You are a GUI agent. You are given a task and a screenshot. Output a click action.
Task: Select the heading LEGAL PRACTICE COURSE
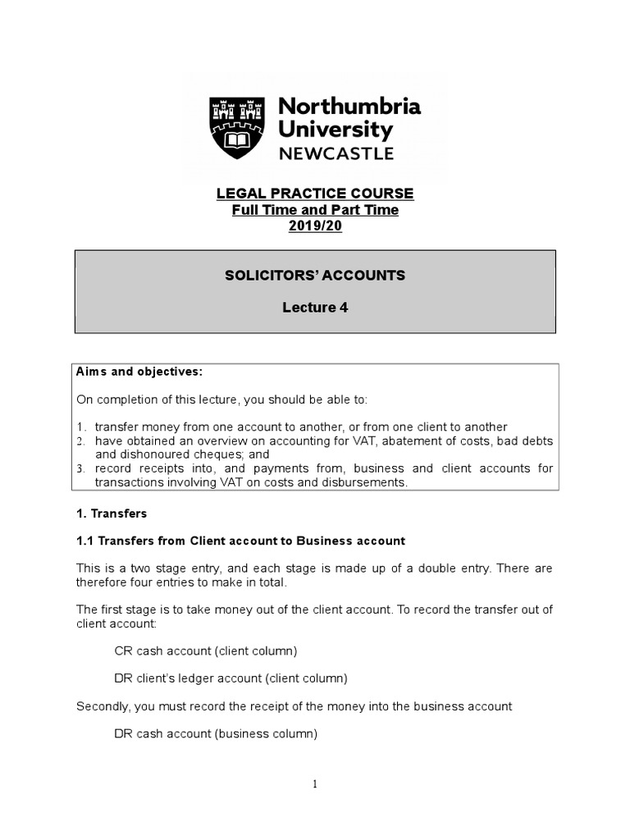[x=315, y=194]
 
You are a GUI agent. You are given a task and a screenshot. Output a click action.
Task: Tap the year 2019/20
[x=315, y=226]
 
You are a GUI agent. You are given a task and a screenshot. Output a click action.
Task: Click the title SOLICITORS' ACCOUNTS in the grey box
[x=315, y=276]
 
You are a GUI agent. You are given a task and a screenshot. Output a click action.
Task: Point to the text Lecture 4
[x=315, y=308]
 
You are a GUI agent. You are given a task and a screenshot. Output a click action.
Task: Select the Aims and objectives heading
[x=139, y=372]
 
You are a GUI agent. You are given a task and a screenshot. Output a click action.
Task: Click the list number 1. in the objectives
[x=81, y=427]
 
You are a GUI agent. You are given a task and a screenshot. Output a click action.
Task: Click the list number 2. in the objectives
[x=81, y=441]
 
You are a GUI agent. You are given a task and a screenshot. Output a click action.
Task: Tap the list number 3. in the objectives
[x=81, y=469]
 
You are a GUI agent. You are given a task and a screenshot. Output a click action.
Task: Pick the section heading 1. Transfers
[x=112, y=513]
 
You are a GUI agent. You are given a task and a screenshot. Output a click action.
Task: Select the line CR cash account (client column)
[x=205, y=651]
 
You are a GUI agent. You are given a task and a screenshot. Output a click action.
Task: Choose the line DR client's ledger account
[x=231, y=678]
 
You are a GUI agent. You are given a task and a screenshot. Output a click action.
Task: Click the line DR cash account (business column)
[x=215, y=734]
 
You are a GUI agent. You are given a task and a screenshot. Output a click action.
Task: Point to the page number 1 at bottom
[x=315, y=784]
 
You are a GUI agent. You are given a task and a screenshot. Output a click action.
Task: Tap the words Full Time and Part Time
[x=315, y=210]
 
